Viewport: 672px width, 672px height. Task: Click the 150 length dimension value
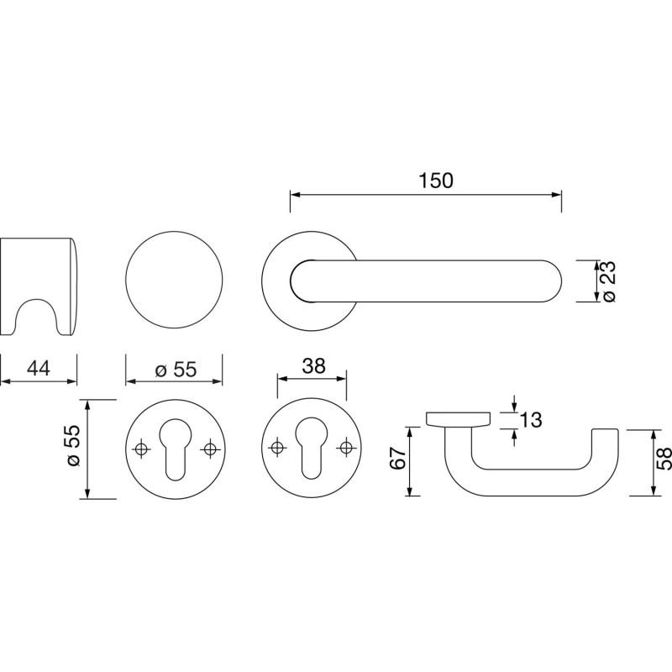click(435, 181)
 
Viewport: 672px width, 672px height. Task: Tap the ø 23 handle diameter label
click(607, 281)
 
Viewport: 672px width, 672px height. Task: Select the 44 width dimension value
click(38, 368)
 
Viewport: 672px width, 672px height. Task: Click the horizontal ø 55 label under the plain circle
click(176, 370)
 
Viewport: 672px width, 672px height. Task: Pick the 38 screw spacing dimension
click(313, 366)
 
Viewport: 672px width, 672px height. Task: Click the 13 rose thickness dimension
click(531, 420)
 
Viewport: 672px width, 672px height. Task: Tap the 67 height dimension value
click(397, 458)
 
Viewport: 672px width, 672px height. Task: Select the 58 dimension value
click(664, 459)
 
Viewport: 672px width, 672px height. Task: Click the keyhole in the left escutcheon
click(175, 449)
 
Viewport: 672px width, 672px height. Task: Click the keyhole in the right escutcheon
click(311, 448)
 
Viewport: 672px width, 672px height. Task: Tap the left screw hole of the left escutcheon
click(140, 449)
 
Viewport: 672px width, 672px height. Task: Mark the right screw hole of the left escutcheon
click(209, 449)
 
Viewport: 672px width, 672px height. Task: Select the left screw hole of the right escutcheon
click(277, 448)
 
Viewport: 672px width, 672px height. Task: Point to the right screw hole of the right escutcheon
click(345, 448)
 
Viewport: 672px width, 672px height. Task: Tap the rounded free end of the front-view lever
click(552, 281)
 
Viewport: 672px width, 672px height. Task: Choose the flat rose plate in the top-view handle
click(458, 419)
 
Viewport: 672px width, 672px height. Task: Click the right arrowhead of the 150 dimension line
click(556, 195)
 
